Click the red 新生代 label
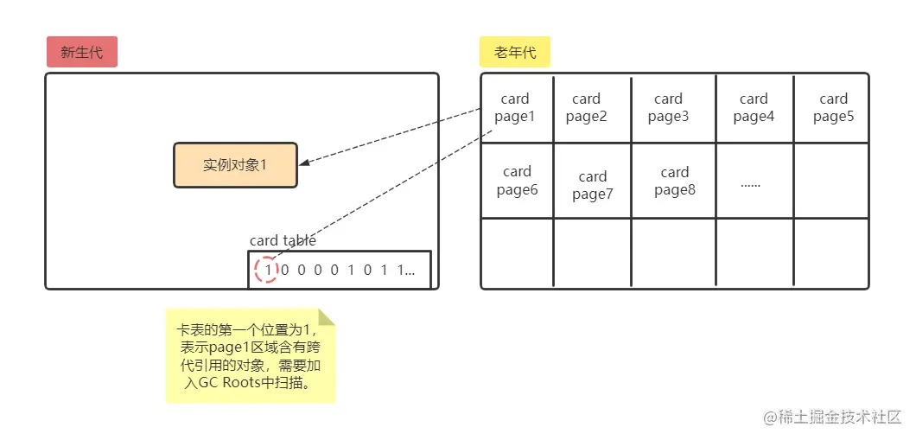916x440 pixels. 81,53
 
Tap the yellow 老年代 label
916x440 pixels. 515,53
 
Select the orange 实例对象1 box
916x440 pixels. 235,165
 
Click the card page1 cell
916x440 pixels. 516,108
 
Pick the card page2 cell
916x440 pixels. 587,108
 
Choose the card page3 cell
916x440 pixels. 669,108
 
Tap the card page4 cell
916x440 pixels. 754,108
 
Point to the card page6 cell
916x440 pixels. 517,181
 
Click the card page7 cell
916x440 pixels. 593,185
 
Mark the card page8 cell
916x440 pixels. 675,181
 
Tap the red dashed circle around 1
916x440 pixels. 267,271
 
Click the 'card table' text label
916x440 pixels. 283,240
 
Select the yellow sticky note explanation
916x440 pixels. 248,355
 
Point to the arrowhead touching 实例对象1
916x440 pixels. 305,162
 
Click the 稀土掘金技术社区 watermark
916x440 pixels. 832,417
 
